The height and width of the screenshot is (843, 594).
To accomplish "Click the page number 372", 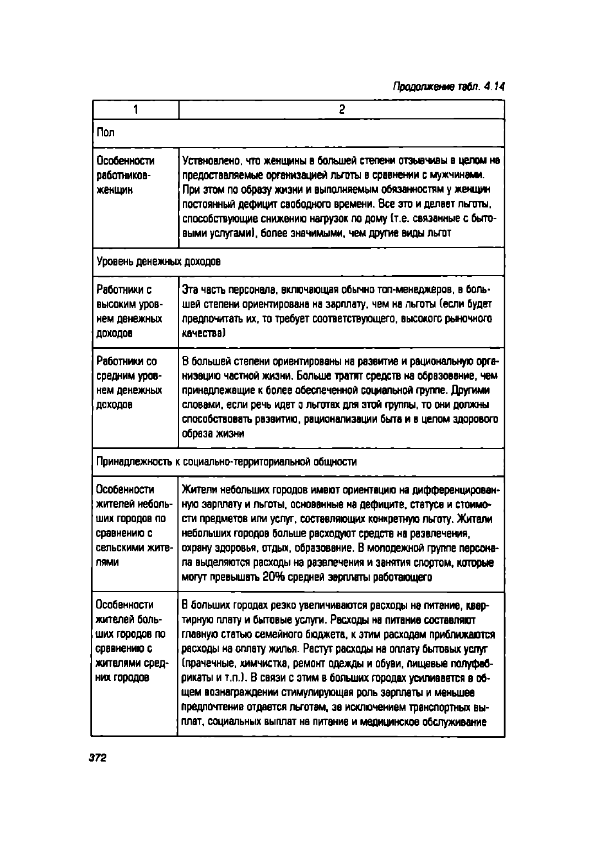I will pyautogui.click(x=96, y=757).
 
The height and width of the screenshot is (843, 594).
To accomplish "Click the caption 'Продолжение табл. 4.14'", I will pyautogui.click(x=449, y=86).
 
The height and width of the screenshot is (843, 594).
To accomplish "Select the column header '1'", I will pyautogui.click(x=135, y=110).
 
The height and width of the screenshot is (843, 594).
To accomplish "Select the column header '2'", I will pyautogui.click(x=341, y=110).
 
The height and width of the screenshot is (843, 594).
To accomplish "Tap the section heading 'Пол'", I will pyautogui.click(x=106, y=133).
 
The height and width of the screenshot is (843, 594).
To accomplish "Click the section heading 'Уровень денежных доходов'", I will pyautogui.click(x=159, y=262).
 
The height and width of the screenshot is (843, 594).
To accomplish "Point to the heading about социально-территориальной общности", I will pyautogui.click(x=226, y=462).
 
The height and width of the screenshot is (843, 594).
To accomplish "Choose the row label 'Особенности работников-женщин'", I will pyautogui.click(x=126, y=175).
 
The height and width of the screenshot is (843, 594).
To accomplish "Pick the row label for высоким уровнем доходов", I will pyautogui.click(x=129, y=311).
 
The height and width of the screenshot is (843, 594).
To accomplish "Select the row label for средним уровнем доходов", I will pyautogui.click(x=129, y=383).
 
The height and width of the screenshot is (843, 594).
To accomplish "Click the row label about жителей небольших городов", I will pyautogui.click(x=134, y=526).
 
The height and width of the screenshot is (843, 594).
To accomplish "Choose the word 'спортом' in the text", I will pyautogui.click(x=432, y=563).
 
